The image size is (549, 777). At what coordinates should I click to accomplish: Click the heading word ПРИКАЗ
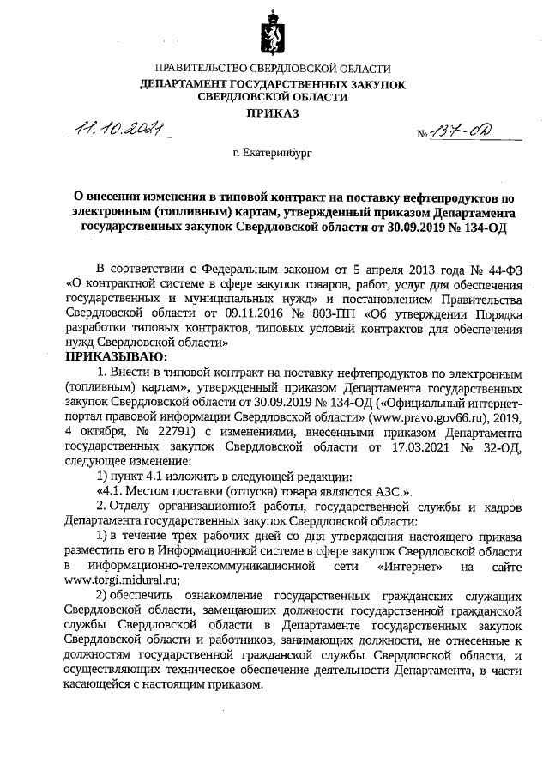[x=273, y=113]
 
